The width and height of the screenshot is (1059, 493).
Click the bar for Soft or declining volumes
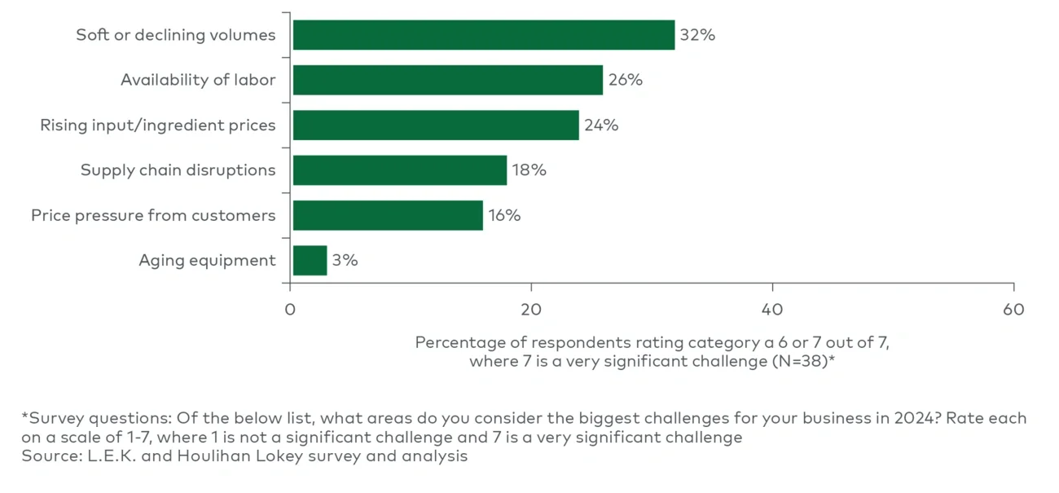[x=483, y=35]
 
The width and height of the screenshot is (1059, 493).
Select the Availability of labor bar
[x=447, y=80]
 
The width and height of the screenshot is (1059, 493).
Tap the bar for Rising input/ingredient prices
[x=435, y=125]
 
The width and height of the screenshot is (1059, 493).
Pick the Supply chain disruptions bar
[x=399, y=170]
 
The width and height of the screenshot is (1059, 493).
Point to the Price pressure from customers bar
[x=387, y=215]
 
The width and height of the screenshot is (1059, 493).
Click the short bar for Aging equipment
[x=310, y=261]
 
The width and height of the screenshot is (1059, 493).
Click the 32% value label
[x=697, y=35]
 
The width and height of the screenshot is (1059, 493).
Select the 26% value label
[x=625, y=80]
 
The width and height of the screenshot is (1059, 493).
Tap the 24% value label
[x=601, y=125]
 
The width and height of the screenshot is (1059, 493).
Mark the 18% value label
[x=529, y=170]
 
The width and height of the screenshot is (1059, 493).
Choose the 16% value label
[x=504, y=215]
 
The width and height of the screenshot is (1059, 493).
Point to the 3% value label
[x=345, y=261]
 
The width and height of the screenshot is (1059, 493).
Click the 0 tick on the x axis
[x=290, y=310]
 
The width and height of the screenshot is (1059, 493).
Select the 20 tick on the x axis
[x=531, y=310]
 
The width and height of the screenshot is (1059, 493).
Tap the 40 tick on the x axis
[x=772, y=310]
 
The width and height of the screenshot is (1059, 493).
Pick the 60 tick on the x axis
[x=1013, y=310]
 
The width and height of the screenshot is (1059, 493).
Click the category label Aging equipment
[x=207, y=261]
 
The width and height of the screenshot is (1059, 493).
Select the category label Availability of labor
[x=198, y=80]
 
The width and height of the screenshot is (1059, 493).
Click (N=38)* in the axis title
[x=803, y=361]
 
